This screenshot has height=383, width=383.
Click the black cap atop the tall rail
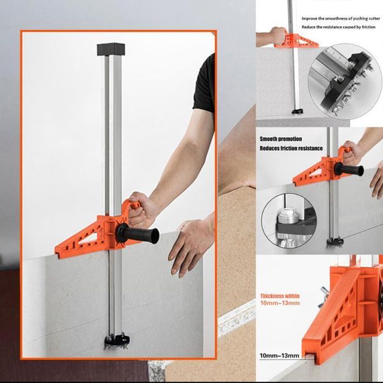point(109,49)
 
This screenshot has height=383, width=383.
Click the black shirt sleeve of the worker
point(204,84)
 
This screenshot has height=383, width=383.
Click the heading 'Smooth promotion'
point(281,139)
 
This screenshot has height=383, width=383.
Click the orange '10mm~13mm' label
point(278,305)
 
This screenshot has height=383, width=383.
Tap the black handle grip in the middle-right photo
point(350,170)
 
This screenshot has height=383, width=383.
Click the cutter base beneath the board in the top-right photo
point(296,112)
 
